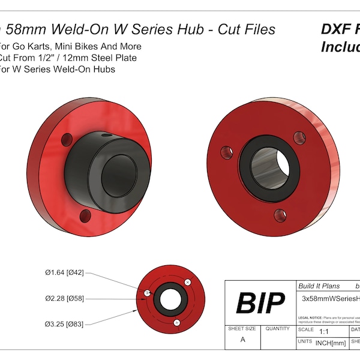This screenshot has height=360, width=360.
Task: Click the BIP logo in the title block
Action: click(x=259, y=303)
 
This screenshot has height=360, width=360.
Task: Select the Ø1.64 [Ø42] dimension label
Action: click(x=67, y=273)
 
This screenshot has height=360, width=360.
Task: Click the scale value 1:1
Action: click(x=325, y=331)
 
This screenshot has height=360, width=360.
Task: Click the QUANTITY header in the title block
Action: click(x=277, y=329)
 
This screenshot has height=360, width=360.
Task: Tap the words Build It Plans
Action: click(x=319, y=286)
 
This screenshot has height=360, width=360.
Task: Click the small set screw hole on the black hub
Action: click(x=105, y=136)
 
